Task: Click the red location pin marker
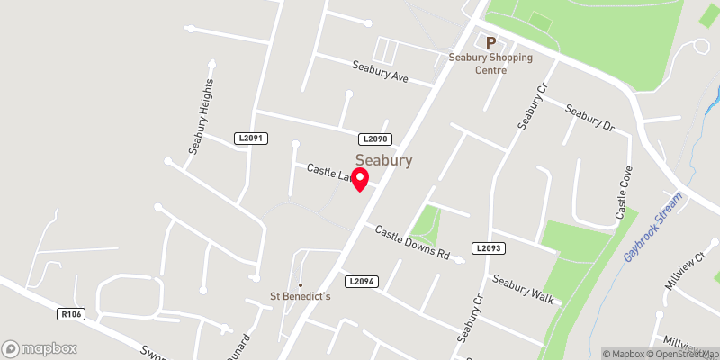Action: tap(360, 177)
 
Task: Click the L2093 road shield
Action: tap(487, 247)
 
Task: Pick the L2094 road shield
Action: tap(361, 282)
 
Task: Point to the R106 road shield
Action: tap(70, 314)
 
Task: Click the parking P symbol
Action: tap(491, 42)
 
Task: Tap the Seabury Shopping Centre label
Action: tap(491, 64)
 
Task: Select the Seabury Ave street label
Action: tap(380, 72)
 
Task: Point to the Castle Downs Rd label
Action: tap(412, 242)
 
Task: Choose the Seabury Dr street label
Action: tap(589, 121)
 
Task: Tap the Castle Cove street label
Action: tap(622, 193)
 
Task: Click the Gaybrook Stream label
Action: tap(652, 227)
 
